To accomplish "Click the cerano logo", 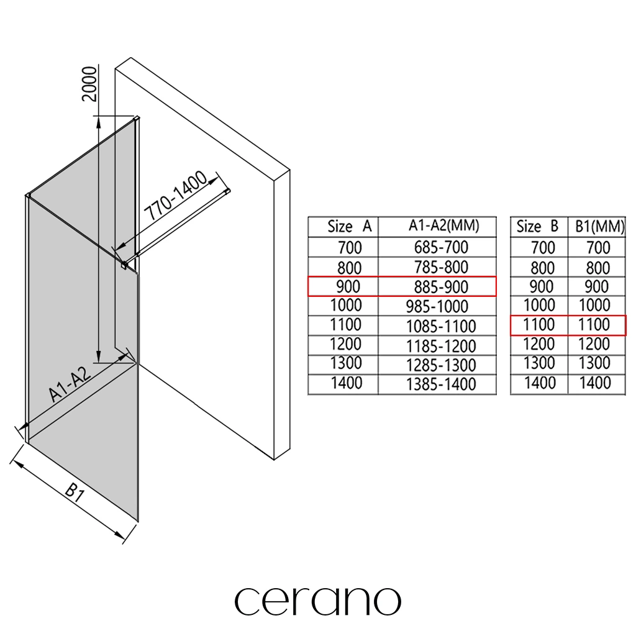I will (317, 600).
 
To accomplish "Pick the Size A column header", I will (349, 227).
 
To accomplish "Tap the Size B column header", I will (538, 227).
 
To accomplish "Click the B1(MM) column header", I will (597, 227).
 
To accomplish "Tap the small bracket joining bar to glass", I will (124, 265).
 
